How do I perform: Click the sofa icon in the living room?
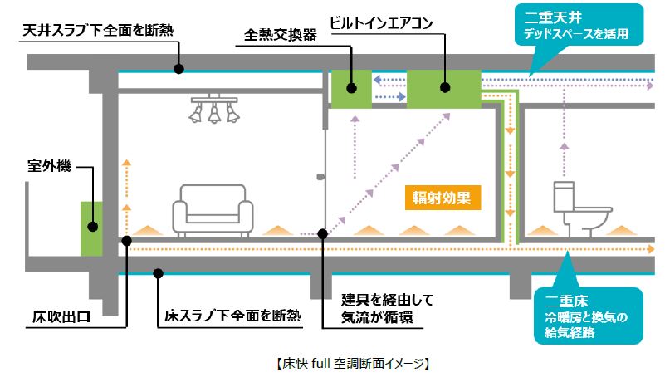tap(212, 215)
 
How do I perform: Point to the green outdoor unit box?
tap(90, 227)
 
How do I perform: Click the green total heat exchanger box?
tap(352, 90)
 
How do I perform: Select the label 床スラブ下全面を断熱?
tap(232, 316)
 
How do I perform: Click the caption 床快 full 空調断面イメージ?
tap(345, 363)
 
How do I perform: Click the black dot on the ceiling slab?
tap(178, 69)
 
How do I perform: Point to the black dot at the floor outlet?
tap(127, 241)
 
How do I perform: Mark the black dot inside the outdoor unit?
tap(94, 225)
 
